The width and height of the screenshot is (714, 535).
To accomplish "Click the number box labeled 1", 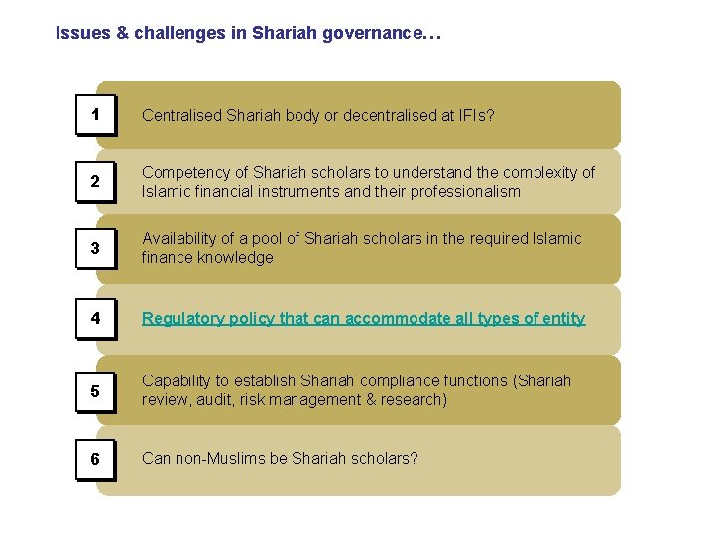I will point(95,115).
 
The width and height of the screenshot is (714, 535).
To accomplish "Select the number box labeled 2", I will point(95,181).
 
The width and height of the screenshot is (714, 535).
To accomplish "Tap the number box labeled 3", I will point(95,248).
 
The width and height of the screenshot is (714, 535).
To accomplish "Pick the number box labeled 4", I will point(95,318).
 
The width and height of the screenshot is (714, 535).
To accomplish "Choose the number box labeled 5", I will point(95,390).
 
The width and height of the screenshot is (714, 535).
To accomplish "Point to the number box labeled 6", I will point(95,459).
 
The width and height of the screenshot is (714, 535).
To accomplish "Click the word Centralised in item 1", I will point(181,115).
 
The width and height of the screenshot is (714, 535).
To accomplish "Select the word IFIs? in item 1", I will point(473,115).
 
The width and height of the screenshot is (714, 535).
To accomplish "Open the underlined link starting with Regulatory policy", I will point(363,318).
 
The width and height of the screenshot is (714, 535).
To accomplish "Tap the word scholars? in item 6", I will point(386,459).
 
